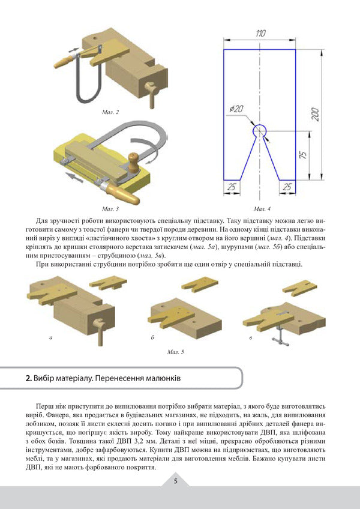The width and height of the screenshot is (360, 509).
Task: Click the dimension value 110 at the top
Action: [x=260, y=34]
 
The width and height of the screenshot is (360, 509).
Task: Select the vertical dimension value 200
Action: [x=314, y=114]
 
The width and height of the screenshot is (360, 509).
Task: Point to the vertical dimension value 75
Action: [x=304, y=155]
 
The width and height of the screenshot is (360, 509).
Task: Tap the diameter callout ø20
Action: [x=236, y=109]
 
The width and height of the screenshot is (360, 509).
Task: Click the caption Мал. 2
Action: [x=110, y=112]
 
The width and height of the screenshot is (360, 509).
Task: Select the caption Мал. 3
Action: [x=110, y=208]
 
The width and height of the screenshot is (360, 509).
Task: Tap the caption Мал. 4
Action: [x=262, y=208]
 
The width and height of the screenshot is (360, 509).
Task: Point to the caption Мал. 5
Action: [x=176, y=352]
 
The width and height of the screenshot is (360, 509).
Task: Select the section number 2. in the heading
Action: [x=28, y=379]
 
